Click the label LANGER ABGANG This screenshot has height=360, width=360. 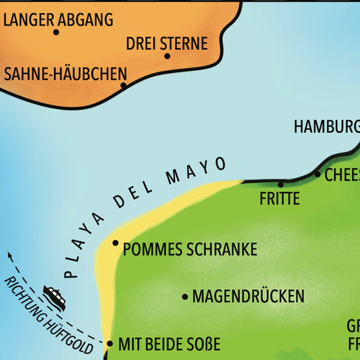(x=58, y=20)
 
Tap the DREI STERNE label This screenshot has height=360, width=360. (x=167, y=44)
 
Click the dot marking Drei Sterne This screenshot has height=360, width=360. (x=167, y=56)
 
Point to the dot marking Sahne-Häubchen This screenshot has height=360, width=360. (x=124, y=85)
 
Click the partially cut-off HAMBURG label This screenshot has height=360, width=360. (x=326, y=126)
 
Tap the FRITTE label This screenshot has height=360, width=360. (x=279, y=199)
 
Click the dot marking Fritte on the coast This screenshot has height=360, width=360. (x=281, y=183)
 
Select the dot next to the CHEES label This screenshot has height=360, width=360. (x=317, y=174)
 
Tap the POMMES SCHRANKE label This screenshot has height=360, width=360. (x=190, y=249)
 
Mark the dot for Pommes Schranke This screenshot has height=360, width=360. (x=115, y=243)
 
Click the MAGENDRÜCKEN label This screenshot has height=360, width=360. (x=248, y=297)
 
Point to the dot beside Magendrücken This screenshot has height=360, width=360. (x=185, y=297)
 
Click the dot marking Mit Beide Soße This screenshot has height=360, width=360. (x=109, y=344)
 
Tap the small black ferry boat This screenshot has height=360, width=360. (x=54, y=298)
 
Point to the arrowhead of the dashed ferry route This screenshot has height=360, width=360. (x=9, y=255)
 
